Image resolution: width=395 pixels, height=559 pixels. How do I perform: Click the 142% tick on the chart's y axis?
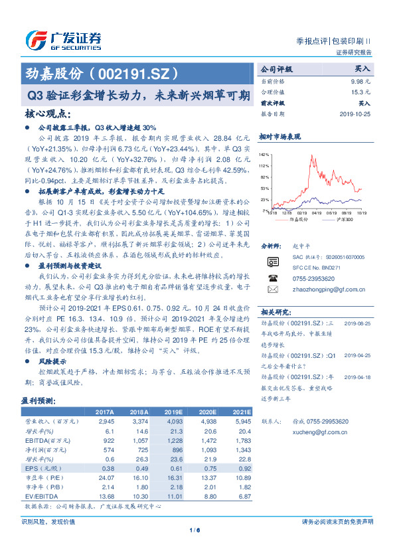point(265,153)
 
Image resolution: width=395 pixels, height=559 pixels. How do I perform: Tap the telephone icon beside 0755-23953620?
point(272,279)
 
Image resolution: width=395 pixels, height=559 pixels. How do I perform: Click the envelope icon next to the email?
point(272,290)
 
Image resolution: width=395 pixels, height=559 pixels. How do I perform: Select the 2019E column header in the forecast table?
point(175,412)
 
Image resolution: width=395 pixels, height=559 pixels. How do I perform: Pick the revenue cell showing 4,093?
point(174,421)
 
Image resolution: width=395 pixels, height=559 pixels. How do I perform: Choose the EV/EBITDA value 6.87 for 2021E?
point(243,497)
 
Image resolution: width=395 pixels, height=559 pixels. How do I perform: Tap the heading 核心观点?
point(46,114)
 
